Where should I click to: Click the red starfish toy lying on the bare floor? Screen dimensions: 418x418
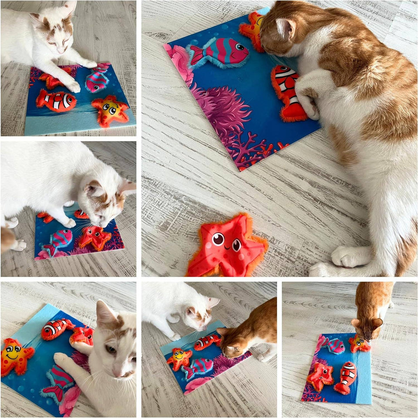227,246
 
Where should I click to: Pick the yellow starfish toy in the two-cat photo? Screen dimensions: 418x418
179,358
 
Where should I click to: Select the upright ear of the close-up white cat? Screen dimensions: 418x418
105,313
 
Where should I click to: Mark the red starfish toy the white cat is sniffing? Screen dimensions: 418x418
94,237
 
